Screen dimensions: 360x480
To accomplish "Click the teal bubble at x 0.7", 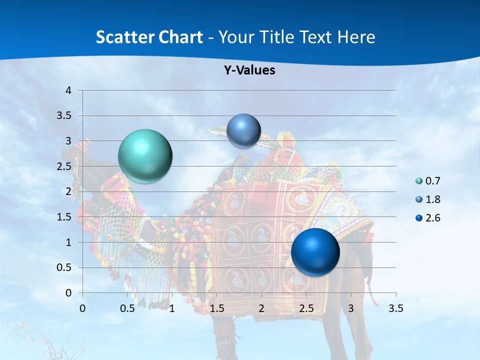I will coord(145,156).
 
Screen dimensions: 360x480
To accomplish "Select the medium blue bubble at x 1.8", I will coord(243,130).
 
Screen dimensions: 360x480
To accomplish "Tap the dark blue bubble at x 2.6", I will coord(315,252).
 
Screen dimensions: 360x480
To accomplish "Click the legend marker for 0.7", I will coord(419,181).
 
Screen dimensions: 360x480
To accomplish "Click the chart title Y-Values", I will coord(249,70).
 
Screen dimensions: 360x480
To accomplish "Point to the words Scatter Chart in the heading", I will coord(149,37).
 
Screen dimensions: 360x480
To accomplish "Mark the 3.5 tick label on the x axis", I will coord(396,308).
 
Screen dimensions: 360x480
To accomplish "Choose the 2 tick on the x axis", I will coord(261,308).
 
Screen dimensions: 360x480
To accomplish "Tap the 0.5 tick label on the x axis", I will coord(127,308).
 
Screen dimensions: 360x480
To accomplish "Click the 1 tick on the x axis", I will coord(172,308).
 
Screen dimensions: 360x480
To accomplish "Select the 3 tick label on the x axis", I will coord(351,308).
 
